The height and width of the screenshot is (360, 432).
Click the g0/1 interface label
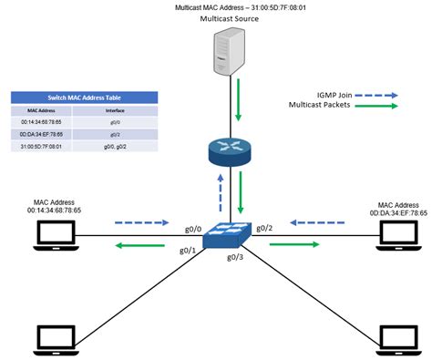(188, 250)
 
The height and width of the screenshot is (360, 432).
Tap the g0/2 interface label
(263, 227)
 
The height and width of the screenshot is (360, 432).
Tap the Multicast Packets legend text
(337, 106)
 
